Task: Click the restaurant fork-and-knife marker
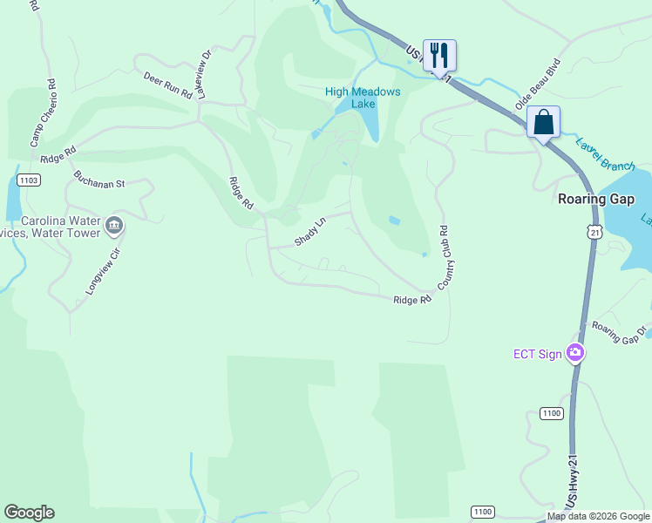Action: pos(440,56)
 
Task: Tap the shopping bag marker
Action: pos(543,122)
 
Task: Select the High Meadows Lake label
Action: pos(363,98)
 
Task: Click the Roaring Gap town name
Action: pos(595,199)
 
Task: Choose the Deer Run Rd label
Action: pos(167,85)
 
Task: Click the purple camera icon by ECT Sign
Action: pos(574,353)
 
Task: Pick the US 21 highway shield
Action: pos(594,232)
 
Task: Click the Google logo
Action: pos(29,512)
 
